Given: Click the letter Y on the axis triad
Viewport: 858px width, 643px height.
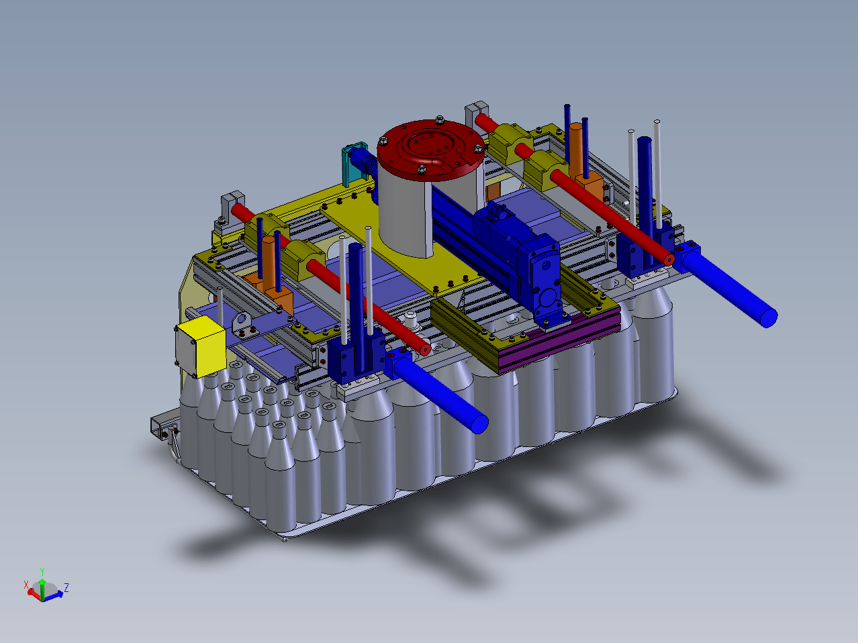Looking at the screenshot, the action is tap(42, 571).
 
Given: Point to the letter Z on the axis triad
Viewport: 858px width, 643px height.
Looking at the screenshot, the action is tap(66, 587).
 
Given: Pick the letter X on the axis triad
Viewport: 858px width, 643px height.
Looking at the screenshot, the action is tap(26, 585).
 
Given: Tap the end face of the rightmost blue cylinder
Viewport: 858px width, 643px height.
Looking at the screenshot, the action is tap(769, 317).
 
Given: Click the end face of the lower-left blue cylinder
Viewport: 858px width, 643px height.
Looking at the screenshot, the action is tap(479, 424).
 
